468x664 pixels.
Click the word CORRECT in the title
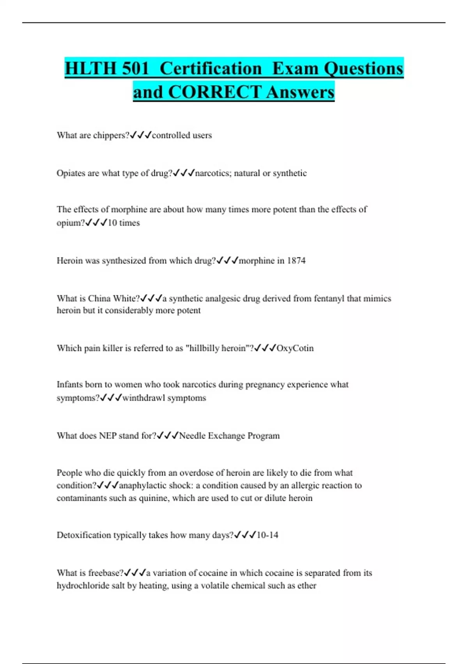(214, 93)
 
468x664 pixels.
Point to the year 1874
(296, 261)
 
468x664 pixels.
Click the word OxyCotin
(295, 348)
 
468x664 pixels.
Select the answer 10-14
(267, 535)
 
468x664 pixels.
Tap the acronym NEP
(108, 436)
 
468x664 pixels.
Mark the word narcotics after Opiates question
(212, 173)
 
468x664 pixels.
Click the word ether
(307, 585)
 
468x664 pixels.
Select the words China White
(113, 298)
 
